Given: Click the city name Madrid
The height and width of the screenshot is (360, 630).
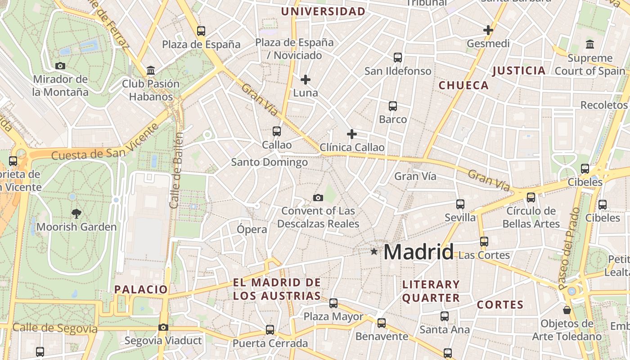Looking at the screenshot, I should [x=418, y=252].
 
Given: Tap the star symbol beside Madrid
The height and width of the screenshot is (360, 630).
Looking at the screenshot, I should [x=374, y=252].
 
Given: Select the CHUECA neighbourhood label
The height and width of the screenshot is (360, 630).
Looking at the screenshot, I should [x=463, y=85].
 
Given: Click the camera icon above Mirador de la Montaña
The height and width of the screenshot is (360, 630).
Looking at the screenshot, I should [x=60, y=66].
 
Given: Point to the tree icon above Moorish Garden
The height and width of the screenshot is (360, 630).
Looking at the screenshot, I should [x=76, y=214].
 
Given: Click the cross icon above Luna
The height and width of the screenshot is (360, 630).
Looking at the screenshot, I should [x=306, y=80].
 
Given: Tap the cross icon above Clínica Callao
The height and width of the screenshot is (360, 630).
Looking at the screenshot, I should [x=352, y=134].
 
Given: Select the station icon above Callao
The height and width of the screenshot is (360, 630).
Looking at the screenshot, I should [x=277, y=131].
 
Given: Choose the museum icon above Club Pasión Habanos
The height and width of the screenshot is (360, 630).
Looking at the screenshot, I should [x=151, y=71].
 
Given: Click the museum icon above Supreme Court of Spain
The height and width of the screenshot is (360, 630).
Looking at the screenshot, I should [x=590, y=45].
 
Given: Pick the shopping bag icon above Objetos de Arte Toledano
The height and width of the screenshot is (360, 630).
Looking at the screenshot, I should [x=567, y=310].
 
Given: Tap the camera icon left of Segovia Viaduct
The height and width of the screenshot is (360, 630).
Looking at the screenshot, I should [x=163, y=328].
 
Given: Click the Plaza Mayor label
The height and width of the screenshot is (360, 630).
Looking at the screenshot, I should [x=333, y=316].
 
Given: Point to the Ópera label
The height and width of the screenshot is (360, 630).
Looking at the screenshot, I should [x=252, y=229].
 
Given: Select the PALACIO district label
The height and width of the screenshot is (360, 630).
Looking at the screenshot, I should [x=141, y=289].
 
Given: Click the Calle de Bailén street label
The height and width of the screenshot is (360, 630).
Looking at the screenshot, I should [x=176, y=170].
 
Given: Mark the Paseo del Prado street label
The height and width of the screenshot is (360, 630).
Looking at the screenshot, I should [x=568, y=248].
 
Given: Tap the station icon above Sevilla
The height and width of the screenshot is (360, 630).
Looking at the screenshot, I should [x=460, y=204].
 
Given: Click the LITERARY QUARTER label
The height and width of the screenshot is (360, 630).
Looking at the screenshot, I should [x=431, y=291].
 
